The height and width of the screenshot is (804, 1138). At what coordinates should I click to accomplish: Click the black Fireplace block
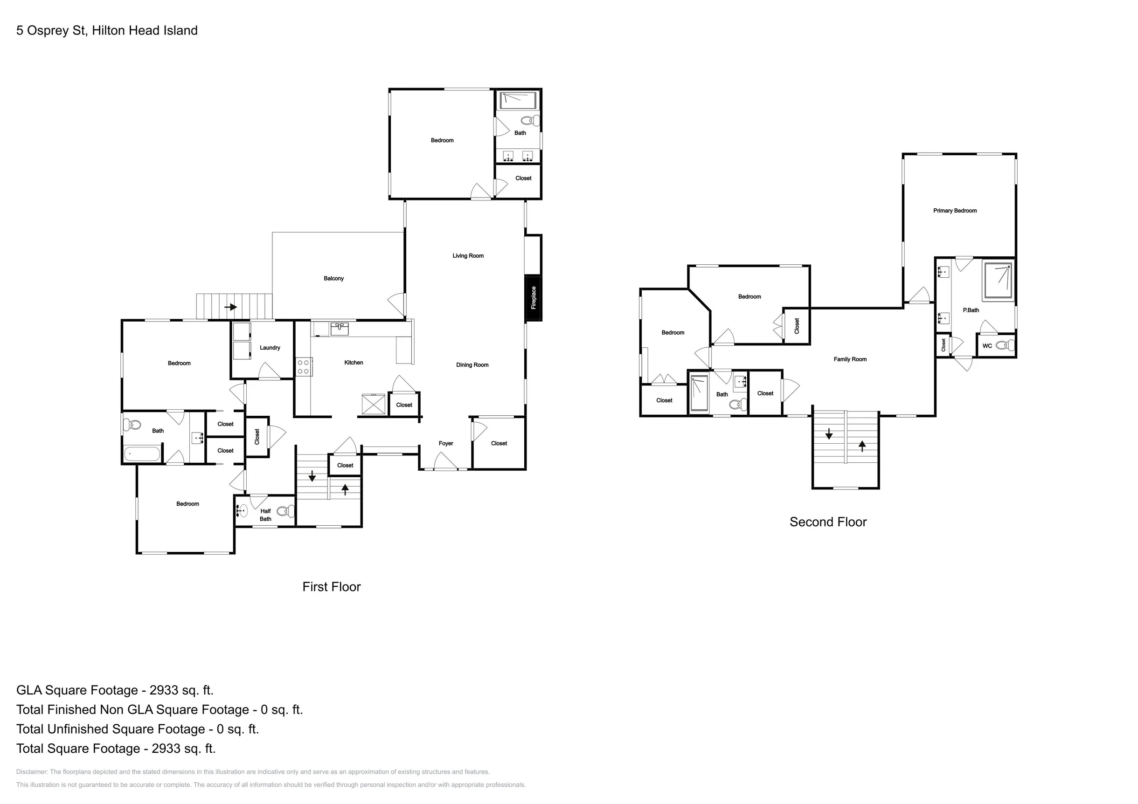(x=533, y=298)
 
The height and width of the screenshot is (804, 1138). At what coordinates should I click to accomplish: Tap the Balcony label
(x=333, y=278)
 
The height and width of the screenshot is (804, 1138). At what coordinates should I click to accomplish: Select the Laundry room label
(x=270, y=348)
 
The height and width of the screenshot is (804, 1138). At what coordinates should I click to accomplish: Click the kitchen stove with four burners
(x=303, y=367)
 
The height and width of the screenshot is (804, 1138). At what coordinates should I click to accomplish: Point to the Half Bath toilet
(x=285, y=511)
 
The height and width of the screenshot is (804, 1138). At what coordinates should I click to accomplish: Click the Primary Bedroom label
(x=955, y=211)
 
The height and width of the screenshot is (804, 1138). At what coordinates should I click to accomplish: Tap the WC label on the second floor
(x=987, y=346)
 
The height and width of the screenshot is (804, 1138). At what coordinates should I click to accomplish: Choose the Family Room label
(x=850, y=359)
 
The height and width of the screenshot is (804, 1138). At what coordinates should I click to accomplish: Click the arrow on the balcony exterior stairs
(x=230, y=307)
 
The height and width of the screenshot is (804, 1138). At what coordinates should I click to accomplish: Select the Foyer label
(x=445, y=443)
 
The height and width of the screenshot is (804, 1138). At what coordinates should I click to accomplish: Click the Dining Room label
(x=472, y=365)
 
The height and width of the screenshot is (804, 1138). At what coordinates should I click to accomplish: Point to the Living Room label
(x=468, y=255)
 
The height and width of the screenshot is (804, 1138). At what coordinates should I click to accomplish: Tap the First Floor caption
(x=332, y=586)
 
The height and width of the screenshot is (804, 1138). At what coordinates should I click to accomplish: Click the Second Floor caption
(x=828, y=522)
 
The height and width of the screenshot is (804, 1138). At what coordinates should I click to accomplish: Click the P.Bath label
(x=971, y=310)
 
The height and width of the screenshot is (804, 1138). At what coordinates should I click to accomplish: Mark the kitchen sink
(x=340, y=329)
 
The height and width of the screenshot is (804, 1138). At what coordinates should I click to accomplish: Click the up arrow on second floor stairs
(x=862, y=446)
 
